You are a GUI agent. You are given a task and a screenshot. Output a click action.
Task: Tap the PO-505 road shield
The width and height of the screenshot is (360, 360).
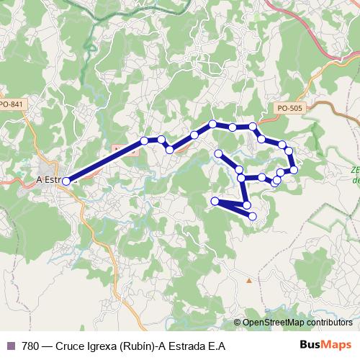289,107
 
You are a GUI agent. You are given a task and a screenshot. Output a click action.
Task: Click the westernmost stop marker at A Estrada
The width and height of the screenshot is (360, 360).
66,181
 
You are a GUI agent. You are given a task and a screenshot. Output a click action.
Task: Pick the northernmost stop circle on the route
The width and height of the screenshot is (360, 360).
212,124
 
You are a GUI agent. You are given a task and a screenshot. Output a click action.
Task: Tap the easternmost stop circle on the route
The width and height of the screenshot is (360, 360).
294,169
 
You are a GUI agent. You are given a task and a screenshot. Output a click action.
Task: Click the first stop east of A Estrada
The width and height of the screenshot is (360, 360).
145,141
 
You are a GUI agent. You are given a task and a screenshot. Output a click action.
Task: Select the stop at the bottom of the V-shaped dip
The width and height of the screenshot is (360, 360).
170,150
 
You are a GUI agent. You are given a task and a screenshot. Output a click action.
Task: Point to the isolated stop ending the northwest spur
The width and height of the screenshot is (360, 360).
219,153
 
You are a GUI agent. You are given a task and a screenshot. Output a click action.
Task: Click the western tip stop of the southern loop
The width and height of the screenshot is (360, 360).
215,201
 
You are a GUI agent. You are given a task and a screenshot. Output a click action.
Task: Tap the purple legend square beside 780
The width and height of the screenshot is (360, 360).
10,345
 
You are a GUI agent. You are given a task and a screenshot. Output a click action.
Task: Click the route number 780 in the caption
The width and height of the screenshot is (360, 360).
31,345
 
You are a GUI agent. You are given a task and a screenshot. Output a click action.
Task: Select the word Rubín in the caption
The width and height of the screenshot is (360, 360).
135,345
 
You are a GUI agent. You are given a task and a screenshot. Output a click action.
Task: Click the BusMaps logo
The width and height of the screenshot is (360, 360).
326,345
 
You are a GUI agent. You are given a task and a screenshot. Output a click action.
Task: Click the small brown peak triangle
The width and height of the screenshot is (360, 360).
249,280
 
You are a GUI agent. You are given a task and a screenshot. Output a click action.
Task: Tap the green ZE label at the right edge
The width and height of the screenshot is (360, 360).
356,171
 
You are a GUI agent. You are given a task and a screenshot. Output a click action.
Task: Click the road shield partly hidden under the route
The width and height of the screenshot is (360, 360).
117,150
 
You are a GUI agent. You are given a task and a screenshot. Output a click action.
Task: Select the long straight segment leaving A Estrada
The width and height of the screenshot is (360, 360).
104,161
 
